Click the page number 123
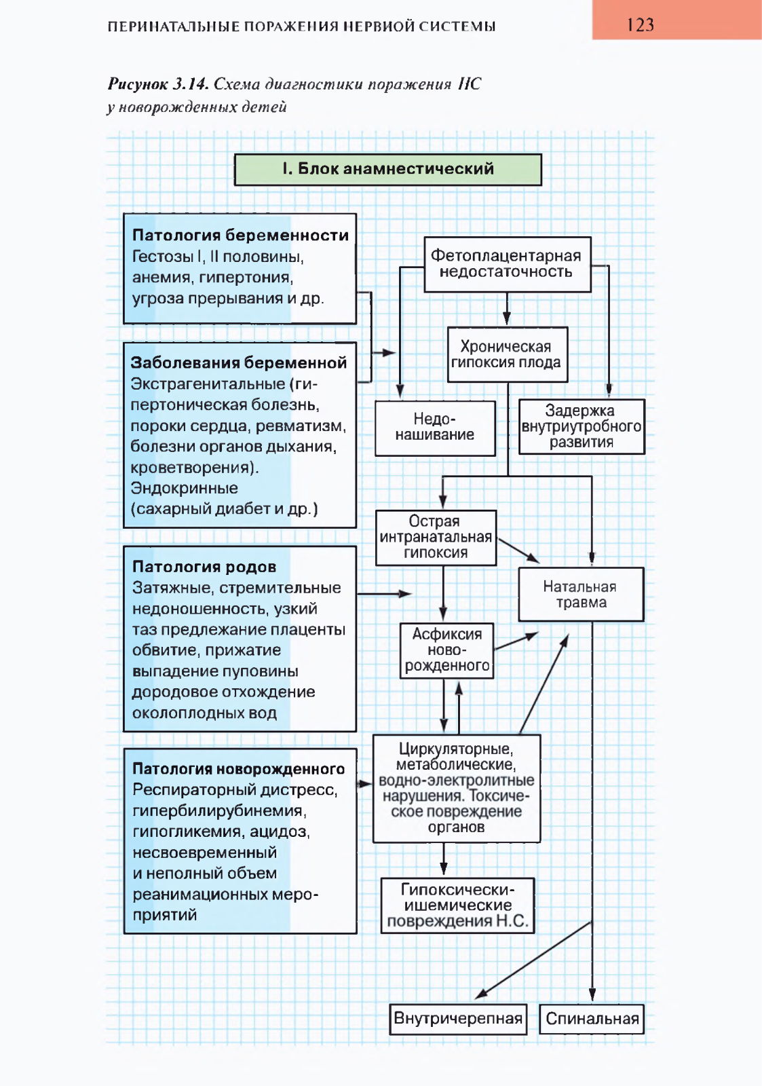640,24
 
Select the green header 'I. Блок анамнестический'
388,169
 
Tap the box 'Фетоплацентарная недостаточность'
507,264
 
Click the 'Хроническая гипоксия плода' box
507,354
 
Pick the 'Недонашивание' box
435,428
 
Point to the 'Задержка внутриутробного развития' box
582,427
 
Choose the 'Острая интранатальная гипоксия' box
436,538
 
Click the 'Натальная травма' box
582,595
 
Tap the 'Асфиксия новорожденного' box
446,651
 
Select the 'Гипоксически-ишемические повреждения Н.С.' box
457,905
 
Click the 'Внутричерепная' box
458,1019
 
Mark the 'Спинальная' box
592,1019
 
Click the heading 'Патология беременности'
240,235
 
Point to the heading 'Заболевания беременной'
238,362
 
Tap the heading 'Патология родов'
204,566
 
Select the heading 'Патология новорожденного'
238,769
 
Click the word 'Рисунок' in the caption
138,84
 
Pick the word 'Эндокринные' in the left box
184,488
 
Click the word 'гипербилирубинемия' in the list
219,811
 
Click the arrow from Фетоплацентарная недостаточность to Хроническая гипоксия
507,309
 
